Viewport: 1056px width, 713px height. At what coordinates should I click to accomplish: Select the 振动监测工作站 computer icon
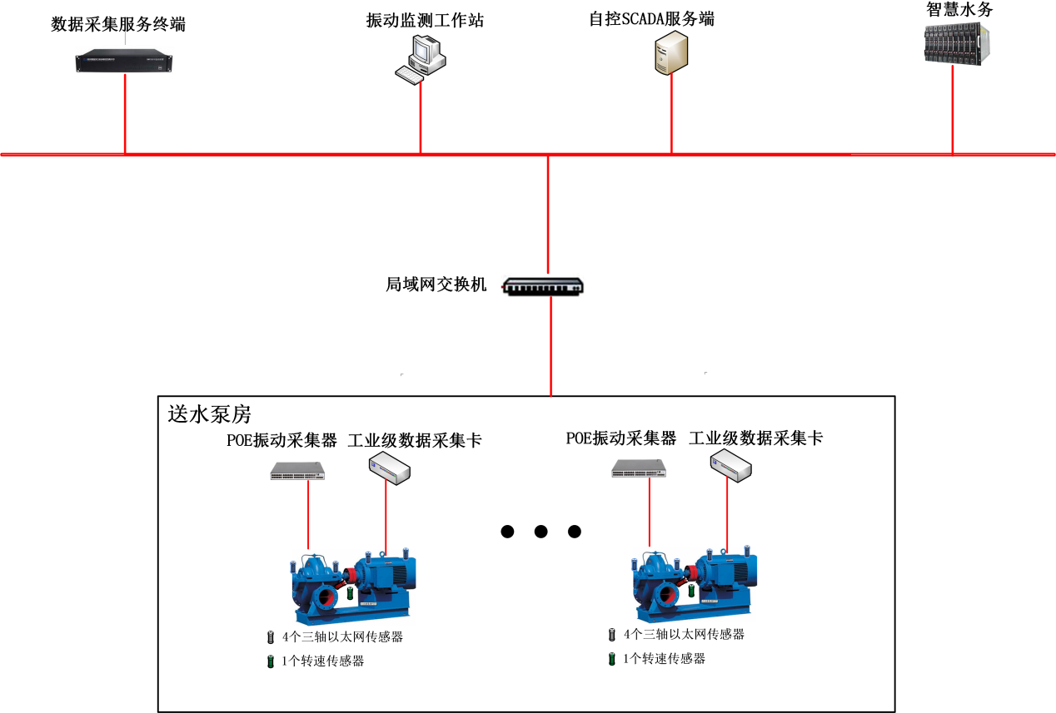(x=420, y=58)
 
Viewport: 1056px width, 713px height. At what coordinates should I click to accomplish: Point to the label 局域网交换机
(x=436, y=285)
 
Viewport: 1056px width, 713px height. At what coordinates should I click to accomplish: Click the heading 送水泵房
(x=209, y=413)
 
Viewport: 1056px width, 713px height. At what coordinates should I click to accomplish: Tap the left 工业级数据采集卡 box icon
(x=390, y=470)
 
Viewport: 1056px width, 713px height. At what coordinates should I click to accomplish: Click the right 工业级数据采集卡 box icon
(x=731, y=467)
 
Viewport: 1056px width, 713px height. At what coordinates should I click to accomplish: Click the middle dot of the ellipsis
(x=540, y=532)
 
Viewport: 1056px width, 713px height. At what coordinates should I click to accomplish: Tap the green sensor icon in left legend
(x=270, y=662)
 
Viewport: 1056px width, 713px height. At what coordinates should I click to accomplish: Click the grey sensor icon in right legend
(x=612, y=635)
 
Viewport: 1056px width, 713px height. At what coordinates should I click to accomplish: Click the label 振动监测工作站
(x=425, y=21)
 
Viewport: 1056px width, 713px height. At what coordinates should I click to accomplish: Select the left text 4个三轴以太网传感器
(x=342, y=637)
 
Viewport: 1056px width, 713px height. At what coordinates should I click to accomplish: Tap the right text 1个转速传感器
(x=664, y=659)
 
